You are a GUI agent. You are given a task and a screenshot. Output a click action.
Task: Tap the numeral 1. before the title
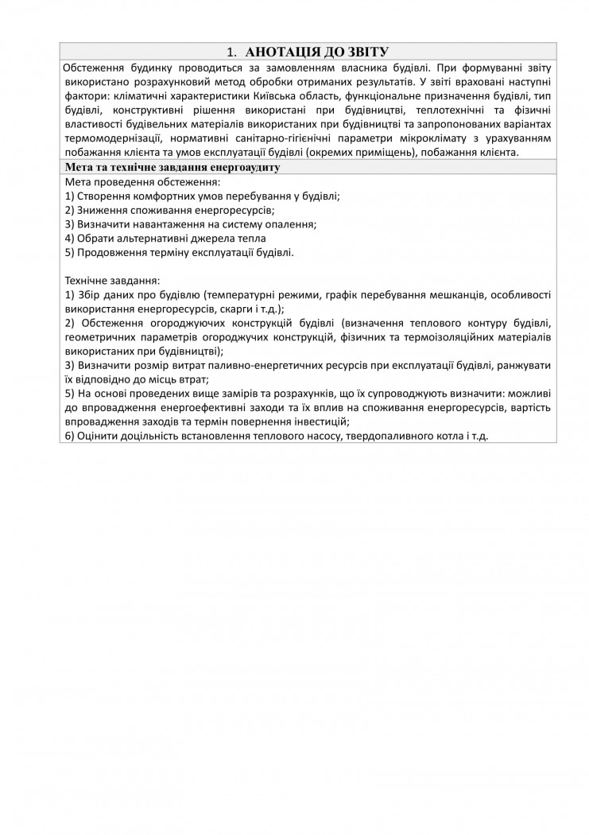(x=232, y=52)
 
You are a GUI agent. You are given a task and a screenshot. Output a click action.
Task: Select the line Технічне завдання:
(x=111, y=281)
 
